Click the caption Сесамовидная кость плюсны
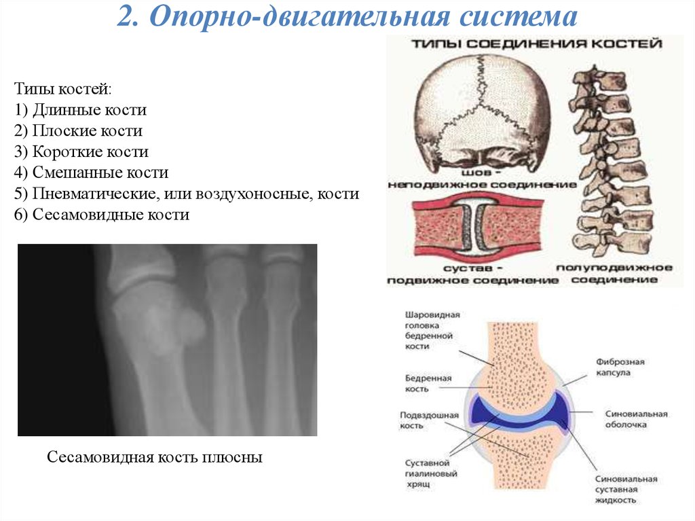point(154,457)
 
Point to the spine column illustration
point(607,163)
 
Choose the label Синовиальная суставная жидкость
point(626,489)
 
